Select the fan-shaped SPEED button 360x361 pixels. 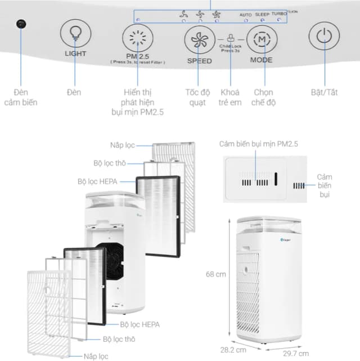[x=200, y=41]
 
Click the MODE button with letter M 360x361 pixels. [x=262, y=41]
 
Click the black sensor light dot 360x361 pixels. [x=21, y=24]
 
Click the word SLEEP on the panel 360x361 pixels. [x=262, y=13]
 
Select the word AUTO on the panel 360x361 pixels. [x=246, y=14]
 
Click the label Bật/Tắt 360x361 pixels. [x=325, y=92]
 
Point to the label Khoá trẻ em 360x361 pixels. [x=231, y=97]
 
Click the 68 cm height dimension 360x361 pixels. [x=216, y=274]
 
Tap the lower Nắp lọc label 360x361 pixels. [x=97, y=355]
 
